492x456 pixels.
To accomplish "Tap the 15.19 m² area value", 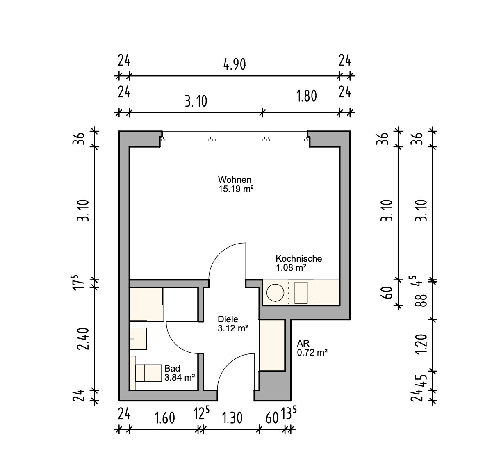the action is (236, 189).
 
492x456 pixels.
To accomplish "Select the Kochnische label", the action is (299, 259).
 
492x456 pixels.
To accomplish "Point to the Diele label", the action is (228, 319).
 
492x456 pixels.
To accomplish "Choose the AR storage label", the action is (303, 344).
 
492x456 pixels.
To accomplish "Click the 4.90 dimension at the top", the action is (235, 65).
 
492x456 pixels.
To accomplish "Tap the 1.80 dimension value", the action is (307, 96).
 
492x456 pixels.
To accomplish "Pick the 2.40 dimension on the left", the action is (83, 339).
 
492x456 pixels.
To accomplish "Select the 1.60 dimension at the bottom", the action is (164, 418).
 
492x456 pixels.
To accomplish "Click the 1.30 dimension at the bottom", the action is (232, 418).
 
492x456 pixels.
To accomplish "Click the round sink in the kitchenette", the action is (275, 293).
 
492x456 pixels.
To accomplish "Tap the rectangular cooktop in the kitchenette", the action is (301, 293).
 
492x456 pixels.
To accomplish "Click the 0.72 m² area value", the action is (312, 352).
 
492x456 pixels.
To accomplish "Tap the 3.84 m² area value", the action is (180, 378).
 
